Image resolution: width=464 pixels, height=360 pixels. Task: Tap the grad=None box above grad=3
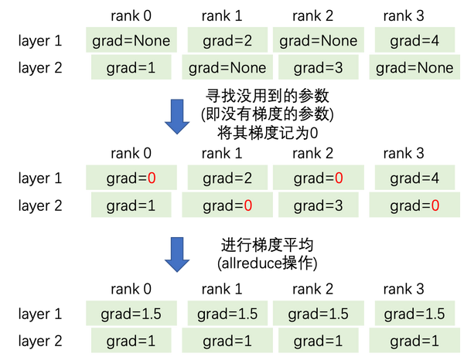(x=318, y=39)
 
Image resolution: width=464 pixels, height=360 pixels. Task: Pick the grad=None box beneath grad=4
(x=415, y=68)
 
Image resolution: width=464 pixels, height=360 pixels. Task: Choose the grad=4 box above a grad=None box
(x=415, y=39)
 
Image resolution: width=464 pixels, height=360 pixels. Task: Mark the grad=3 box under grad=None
(x=318, y=68)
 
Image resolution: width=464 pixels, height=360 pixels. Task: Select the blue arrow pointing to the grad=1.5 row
(x=179, y=256)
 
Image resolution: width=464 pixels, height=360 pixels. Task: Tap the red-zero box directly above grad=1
(x=131, y=178)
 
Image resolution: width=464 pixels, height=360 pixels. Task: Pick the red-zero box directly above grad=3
(x=318, y=178)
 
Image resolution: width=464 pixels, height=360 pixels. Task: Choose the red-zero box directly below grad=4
(x=415, y=205)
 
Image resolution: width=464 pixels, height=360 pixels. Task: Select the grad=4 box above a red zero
(x=415, y=178)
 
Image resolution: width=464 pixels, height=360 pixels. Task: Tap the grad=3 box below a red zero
(x=318, y=205)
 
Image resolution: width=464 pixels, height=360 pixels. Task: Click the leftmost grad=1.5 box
(x=131, y=314)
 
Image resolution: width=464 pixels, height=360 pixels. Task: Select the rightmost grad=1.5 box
(x=415, y=314)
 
